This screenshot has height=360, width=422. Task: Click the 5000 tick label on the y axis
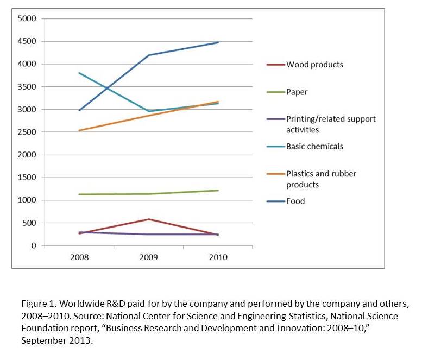point(27,19)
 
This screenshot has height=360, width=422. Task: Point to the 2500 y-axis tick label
point(27,132)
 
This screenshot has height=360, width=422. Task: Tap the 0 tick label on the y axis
point(33,246)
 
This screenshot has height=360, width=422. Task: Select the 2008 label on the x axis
point(79,257)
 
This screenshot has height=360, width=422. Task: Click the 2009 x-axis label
point(149,257)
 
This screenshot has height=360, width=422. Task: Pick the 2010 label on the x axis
point(218,257)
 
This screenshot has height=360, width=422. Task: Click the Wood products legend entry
point(314,65)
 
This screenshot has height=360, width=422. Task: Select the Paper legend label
point(297,92)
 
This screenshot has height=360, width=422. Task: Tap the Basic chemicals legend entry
point(314,147)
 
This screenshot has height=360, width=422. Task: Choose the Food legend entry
point(295,201)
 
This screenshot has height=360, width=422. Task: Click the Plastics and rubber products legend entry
point(321,179)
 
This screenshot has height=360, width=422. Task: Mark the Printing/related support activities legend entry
point(331,124)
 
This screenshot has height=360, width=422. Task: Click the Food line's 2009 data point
point(149,55)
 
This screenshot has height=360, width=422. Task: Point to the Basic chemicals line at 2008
point(79,73)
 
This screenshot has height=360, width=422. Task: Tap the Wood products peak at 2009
point(149,219)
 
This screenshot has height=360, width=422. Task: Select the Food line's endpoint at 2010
point(218,42)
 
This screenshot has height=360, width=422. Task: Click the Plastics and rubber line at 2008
point(79,130)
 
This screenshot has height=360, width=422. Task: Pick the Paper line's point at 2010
point(218,191)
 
